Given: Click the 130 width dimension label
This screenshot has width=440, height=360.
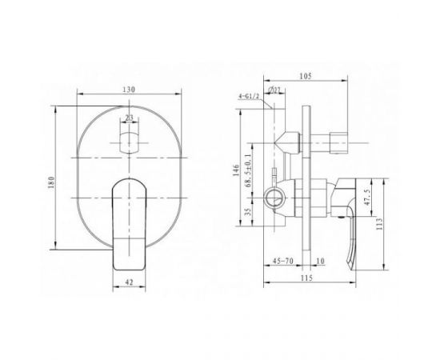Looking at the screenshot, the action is tap(129, 90).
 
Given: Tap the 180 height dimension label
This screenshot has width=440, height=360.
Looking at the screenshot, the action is tap(51, 182).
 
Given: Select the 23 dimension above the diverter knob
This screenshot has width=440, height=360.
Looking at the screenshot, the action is tap(129, 118).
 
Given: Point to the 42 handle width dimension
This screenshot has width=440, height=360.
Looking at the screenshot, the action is tap(129, 282).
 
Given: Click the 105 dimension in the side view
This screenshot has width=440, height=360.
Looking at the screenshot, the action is tap(306, 76).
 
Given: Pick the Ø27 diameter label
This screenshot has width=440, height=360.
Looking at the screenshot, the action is tap(274, 90).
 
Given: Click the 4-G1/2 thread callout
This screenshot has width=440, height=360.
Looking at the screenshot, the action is tap(249, 97).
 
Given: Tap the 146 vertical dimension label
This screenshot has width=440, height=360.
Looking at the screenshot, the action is tap(236, 170).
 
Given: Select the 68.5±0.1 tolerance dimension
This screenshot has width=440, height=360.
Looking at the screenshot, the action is tap(248, 170).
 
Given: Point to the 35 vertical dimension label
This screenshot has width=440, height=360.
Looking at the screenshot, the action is tap(247, 211).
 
